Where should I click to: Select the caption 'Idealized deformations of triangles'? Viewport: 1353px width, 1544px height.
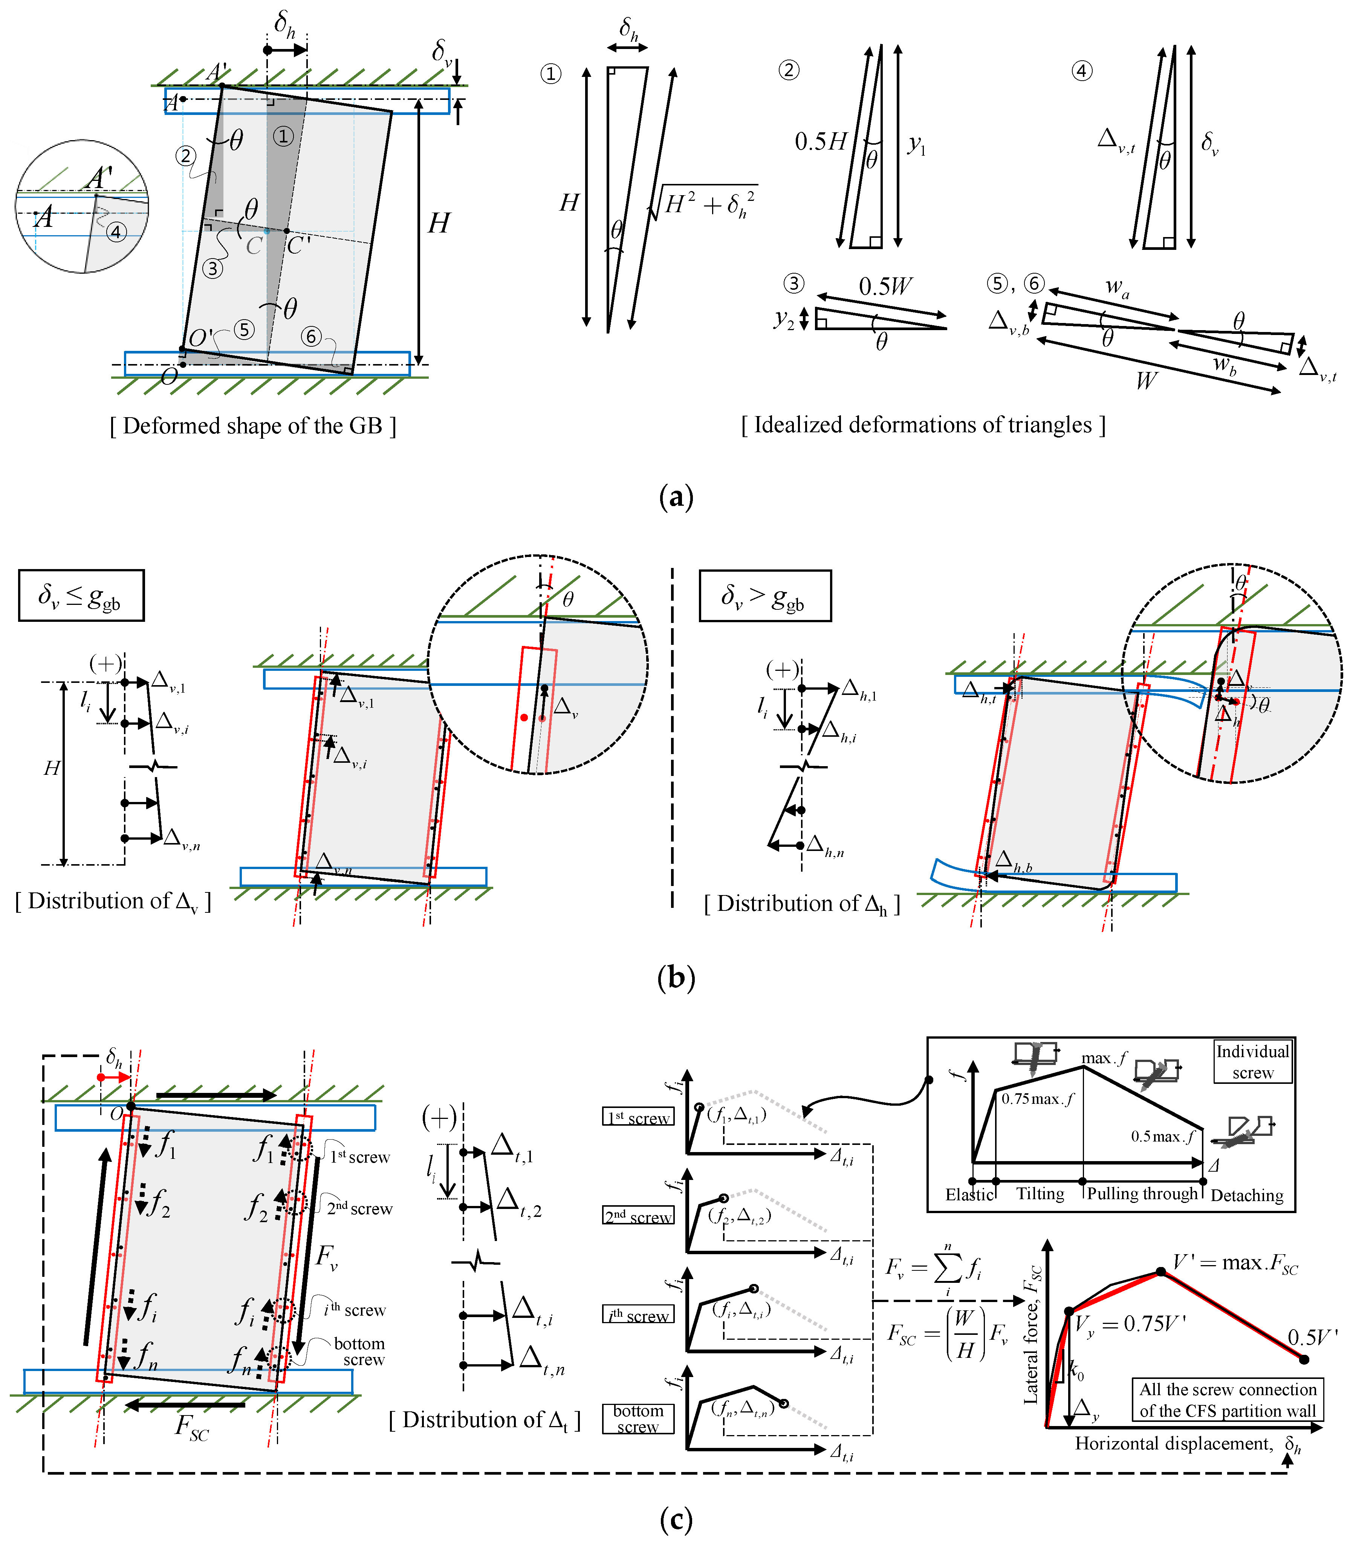[x=923, y=425]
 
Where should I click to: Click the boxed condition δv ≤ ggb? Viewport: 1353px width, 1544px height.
[x=81, y=596]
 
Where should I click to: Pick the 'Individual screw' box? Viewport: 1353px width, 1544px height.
[x=1252, y=1062]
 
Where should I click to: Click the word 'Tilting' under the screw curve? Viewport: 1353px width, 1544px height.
[x=1040, y=1194]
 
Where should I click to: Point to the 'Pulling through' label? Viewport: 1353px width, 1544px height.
[x=1142, y=1194]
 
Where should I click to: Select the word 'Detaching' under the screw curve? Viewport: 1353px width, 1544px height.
[x=1246, y=1195]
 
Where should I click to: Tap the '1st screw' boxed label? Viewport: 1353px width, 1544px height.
[x=638, y=1117]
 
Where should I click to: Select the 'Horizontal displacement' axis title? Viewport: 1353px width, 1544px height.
[x=1173, y=1444]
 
